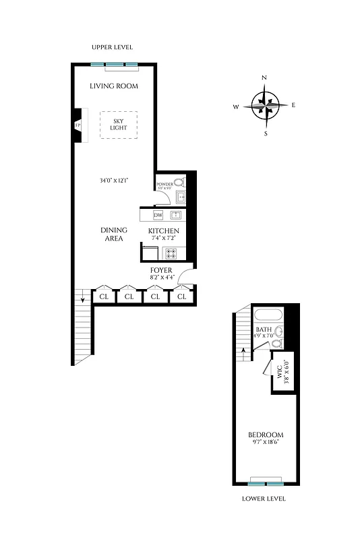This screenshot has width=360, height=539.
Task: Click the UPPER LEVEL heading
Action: (x=113, y=47)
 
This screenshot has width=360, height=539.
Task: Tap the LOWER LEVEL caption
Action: (x=264, y=499)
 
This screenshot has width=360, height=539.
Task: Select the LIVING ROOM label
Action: (x=114, y=86)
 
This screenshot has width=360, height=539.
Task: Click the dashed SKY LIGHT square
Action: (x=119, y=125)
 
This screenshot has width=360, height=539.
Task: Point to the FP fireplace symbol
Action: (x=78, y=125)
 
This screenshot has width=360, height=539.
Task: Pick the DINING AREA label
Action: (x=113, y=234)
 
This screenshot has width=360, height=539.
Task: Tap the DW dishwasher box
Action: (x=158, y=216)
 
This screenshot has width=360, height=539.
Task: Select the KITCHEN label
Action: (x=164, y=231)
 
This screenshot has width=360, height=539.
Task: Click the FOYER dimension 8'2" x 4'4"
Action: (x=162, y=277)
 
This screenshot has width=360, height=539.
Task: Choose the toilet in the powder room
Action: (x=179, y=182)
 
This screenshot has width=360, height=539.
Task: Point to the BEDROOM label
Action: (x=266, y=435)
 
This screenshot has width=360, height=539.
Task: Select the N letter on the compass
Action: (x=264, y=78)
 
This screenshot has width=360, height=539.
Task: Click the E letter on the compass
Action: (x=294, y=105)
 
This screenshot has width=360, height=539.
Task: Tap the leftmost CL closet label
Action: (x=104, y=296)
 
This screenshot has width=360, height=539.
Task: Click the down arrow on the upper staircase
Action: (x=82, y=297)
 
